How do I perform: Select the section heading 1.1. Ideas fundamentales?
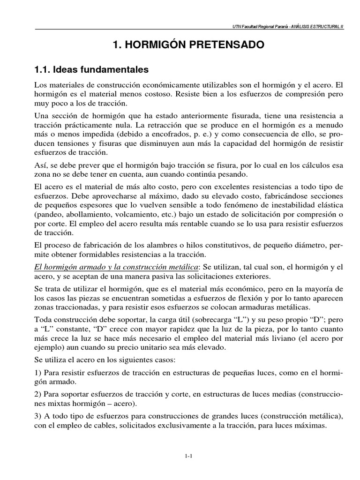[x=91, y=70]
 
